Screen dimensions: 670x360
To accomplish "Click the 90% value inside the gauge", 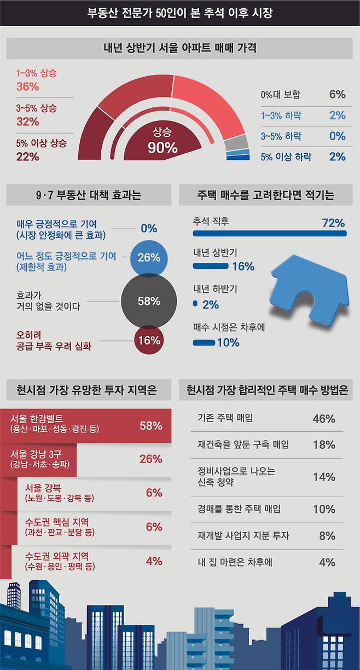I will point(162,147).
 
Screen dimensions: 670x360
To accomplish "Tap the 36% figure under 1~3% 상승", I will point(27,86).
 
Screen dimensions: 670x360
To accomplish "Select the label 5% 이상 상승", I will point(41,143).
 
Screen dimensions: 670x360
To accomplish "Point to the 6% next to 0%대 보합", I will point(337,94).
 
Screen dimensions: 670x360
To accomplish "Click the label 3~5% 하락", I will point(281,136).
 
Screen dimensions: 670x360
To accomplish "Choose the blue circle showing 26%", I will point(149,257).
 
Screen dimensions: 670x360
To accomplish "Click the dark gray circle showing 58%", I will point(149,301).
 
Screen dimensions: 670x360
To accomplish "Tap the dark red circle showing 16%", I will point(149,340).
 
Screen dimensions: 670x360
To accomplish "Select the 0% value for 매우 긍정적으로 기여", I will point(148,228).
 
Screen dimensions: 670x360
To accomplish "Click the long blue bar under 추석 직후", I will point(270,234).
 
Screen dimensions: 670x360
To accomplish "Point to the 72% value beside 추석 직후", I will point(333,223).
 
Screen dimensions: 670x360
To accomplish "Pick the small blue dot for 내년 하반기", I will point(195,304).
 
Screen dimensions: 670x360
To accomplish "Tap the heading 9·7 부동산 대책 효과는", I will point(88,195).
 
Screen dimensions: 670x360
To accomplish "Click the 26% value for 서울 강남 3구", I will point(150,459).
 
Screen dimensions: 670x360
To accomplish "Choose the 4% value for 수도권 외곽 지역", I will point(154,561).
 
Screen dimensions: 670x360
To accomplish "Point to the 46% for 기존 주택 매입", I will point(323,419).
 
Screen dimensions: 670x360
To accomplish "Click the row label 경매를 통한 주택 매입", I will point(239,509).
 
